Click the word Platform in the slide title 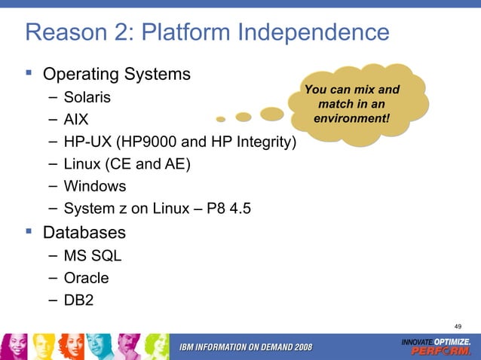click(x=183, y=32)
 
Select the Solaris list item click(x=87, y=97)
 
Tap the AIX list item click(x=76, y=119)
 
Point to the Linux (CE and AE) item click(x=127, y=163)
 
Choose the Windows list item click(x=94, y=185)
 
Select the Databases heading click(x=84, y=231)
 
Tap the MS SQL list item click(x=92, y=255)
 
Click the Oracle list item click(x=86, y=278)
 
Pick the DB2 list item click(x=79, y=300)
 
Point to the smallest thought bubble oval click(x=220, y=119)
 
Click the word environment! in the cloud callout click(x=351, y=118)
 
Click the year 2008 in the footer click(x=299, y=346)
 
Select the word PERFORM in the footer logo click(x=446, y=351)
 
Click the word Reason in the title click(x=64, y=32)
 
